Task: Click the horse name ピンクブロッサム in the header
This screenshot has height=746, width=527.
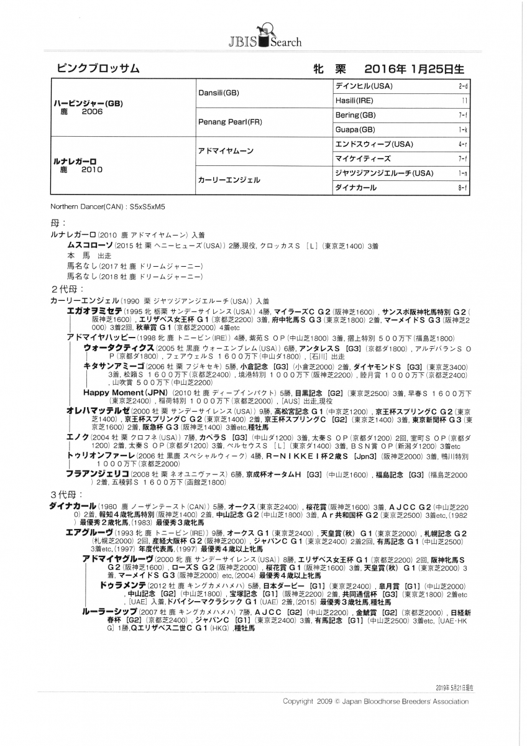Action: point(98,68)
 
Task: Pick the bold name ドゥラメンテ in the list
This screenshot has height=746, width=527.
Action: point(123,586)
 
